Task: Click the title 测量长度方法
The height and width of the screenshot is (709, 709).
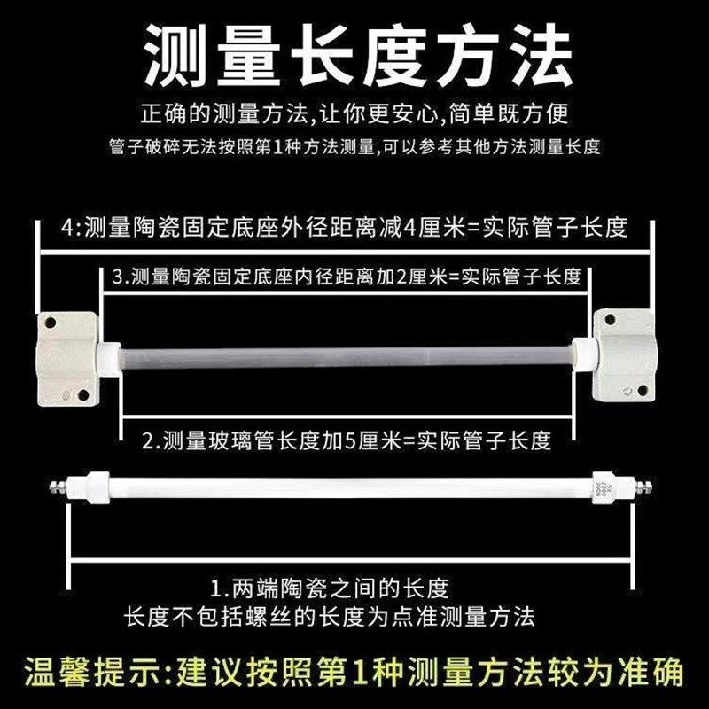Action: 354,55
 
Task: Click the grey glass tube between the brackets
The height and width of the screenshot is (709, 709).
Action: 346,355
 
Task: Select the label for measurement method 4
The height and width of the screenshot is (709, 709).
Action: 345,228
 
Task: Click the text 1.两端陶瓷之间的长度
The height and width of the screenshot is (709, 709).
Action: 331,587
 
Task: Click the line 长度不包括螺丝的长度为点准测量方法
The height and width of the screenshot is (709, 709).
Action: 329,614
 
